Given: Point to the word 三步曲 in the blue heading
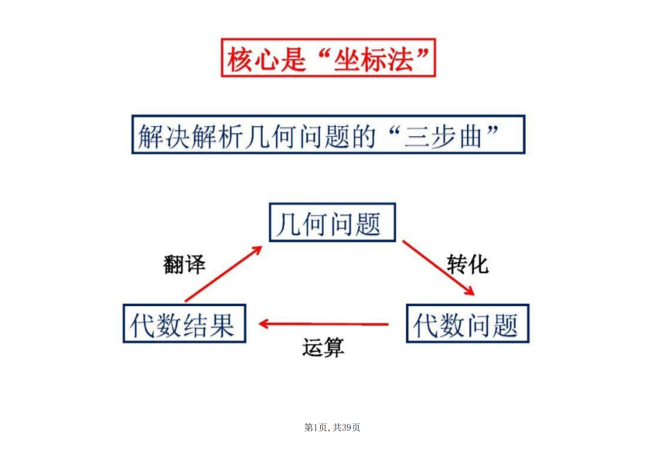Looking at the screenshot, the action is (x=443, y=137).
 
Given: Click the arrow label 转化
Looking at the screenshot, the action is (x=467, y=265).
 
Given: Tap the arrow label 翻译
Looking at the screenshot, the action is (x=184, y=264).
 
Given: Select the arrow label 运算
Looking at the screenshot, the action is (x=323, y=348).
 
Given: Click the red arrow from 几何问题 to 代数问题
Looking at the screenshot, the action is (x=438, y=267).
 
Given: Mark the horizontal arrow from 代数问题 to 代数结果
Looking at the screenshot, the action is (x=323, y=324).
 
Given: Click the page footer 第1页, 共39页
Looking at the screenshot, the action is (x=332, y=427).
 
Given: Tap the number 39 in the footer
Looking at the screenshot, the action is (x=346, y=427).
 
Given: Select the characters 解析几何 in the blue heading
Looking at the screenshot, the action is (x=244, y=137).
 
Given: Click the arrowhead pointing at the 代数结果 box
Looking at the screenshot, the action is (x=264, y=324).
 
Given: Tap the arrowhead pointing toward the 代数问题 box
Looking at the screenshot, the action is (x=469, y=291).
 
